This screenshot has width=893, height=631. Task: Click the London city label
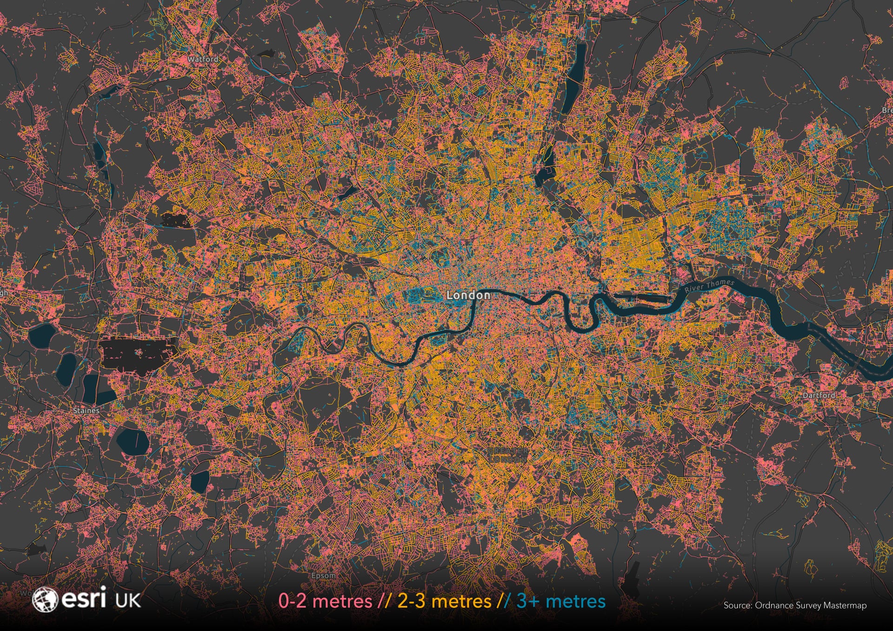click(468, 295)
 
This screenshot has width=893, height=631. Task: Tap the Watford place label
click(203, 60)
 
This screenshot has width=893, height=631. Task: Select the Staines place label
click(86, 411)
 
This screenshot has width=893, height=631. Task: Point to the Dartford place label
click(819, 395)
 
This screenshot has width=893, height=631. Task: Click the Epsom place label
click(323, 576)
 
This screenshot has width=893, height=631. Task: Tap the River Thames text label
click(709, 285)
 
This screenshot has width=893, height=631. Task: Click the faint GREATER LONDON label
click(508, 455)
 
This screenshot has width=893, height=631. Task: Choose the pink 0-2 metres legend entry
click(325, 601)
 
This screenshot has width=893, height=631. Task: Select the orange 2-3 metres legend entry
click(444, 601)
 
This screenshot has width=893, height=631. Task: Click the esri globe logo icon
click(44, 599)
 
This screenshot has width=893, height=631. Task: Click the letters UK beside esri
click(128, 600)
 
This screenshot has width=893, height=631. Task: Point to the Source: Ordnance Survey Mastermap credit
click(795, 605)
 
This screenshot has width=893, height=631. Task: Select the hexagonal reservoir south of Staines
click(133, 441)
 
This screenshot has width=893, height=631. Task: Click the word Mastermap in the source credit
click(845, 605)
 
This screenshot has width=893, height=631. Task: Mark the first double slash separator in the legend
click(384, 601)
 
